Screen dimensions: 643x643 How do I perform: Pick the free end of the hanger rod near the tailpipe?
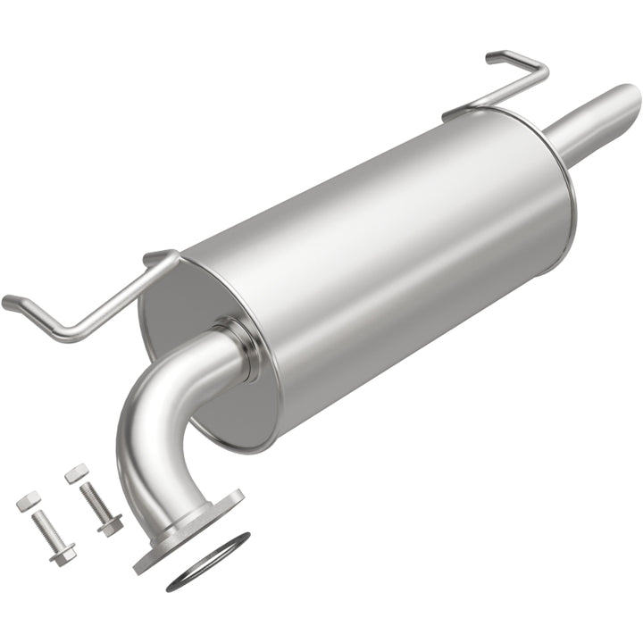pyautogui.click(x=494, y=58)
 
